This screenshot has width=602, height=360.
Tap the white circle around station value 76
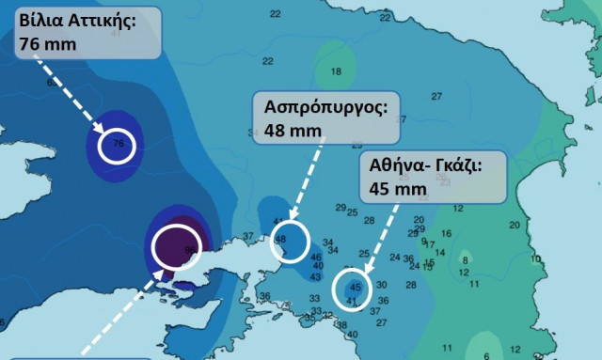tap(118, 146)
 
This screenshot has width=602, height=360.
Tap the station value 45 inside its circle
tap(355, 287)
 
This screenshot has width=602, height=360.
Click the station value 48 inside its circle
tap(280, 241)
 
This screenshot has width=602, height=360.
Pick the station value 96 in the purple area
tap(191, 249)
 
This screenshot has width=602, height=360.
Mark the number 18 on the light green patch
tap(336, 71)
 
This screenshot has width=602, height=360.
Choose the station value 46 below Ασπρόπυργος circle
tap(316, 257)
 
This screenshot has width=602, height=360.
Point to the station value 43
tap(315, 276)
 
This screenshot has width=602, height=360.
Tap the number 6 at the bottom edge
tap(486, 355)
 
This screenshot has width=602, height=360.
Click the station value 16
tap(446, 233)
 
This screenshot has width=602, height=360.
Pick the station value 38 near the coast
tap(341, 325)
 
